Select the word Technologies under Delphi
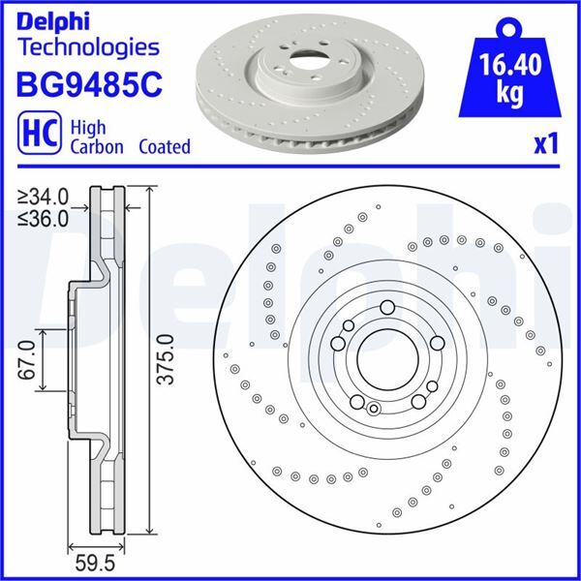(x=88, y=46)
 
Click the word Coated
(x=164, y=147)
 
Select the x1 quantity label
(x=547, y=144)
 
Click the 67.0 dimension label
(x=26, y=358)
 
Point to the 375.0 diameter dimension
(x=166, y=359)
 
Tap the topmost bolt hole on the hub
(x=387, y=308)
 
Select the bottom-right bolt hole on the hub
(x=417, y=401)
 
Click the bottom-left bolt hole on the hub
(x=356, y=402)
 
